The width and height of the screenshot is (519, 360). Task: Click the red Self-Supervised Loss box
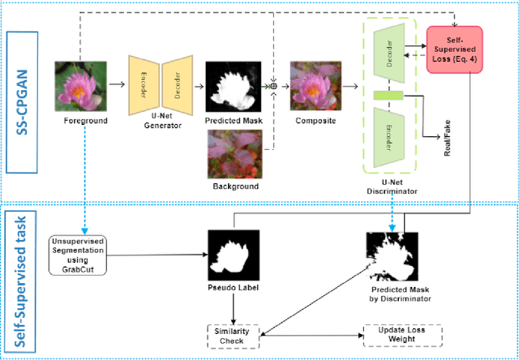click(454, 48)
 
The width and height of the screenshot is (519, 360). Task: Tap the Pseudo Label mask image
click(234, 253)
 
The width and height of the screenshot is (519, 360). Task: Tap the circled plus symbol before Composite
click(273, 84)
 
